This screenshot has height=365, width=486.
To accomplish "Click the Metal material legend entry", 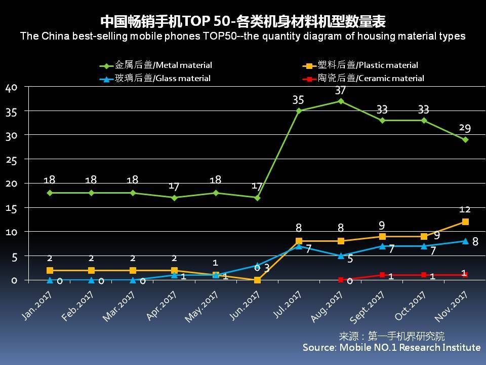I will click(x=157, y=65).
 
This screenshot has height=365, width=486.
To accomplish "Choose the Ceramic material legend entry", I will click(x=364, y=79).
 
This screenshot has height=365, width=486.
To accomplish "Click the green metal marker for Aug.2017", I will click(x=341, y=101).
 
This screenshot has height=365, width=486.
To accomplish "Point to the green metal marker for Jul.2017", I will click(x=299, y=111).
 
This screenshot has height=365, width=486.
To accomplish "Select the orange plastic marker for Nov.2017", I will click(x=465, y=222).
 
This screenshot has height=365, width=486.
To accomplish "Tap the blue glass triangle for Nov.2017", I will click(x=465, y=241).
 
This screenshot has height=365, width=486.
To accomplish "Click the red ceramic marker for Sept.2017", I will click(x=382, y=275).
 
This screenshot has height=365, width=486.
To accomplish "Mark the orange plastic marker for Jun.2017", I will click(x=257, y=280).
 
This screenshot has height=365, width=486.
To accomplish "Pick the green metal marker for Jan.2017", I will click(x=50, y=193).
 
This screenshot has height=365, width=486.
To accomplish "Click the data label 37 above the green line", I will click(x=340, y=90).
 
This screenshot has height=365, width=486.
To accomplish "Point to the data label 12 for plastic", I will click(x=465, y=209).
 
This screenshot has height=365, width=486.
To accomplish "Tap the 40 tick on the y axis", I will click(x=11, y=87).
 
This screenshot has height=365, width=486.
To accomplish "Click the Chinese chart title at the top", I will click(x=243, y=21).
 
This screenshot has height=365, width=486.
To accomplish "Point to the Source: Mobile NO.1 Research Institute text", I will click(x=391, y=347).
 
